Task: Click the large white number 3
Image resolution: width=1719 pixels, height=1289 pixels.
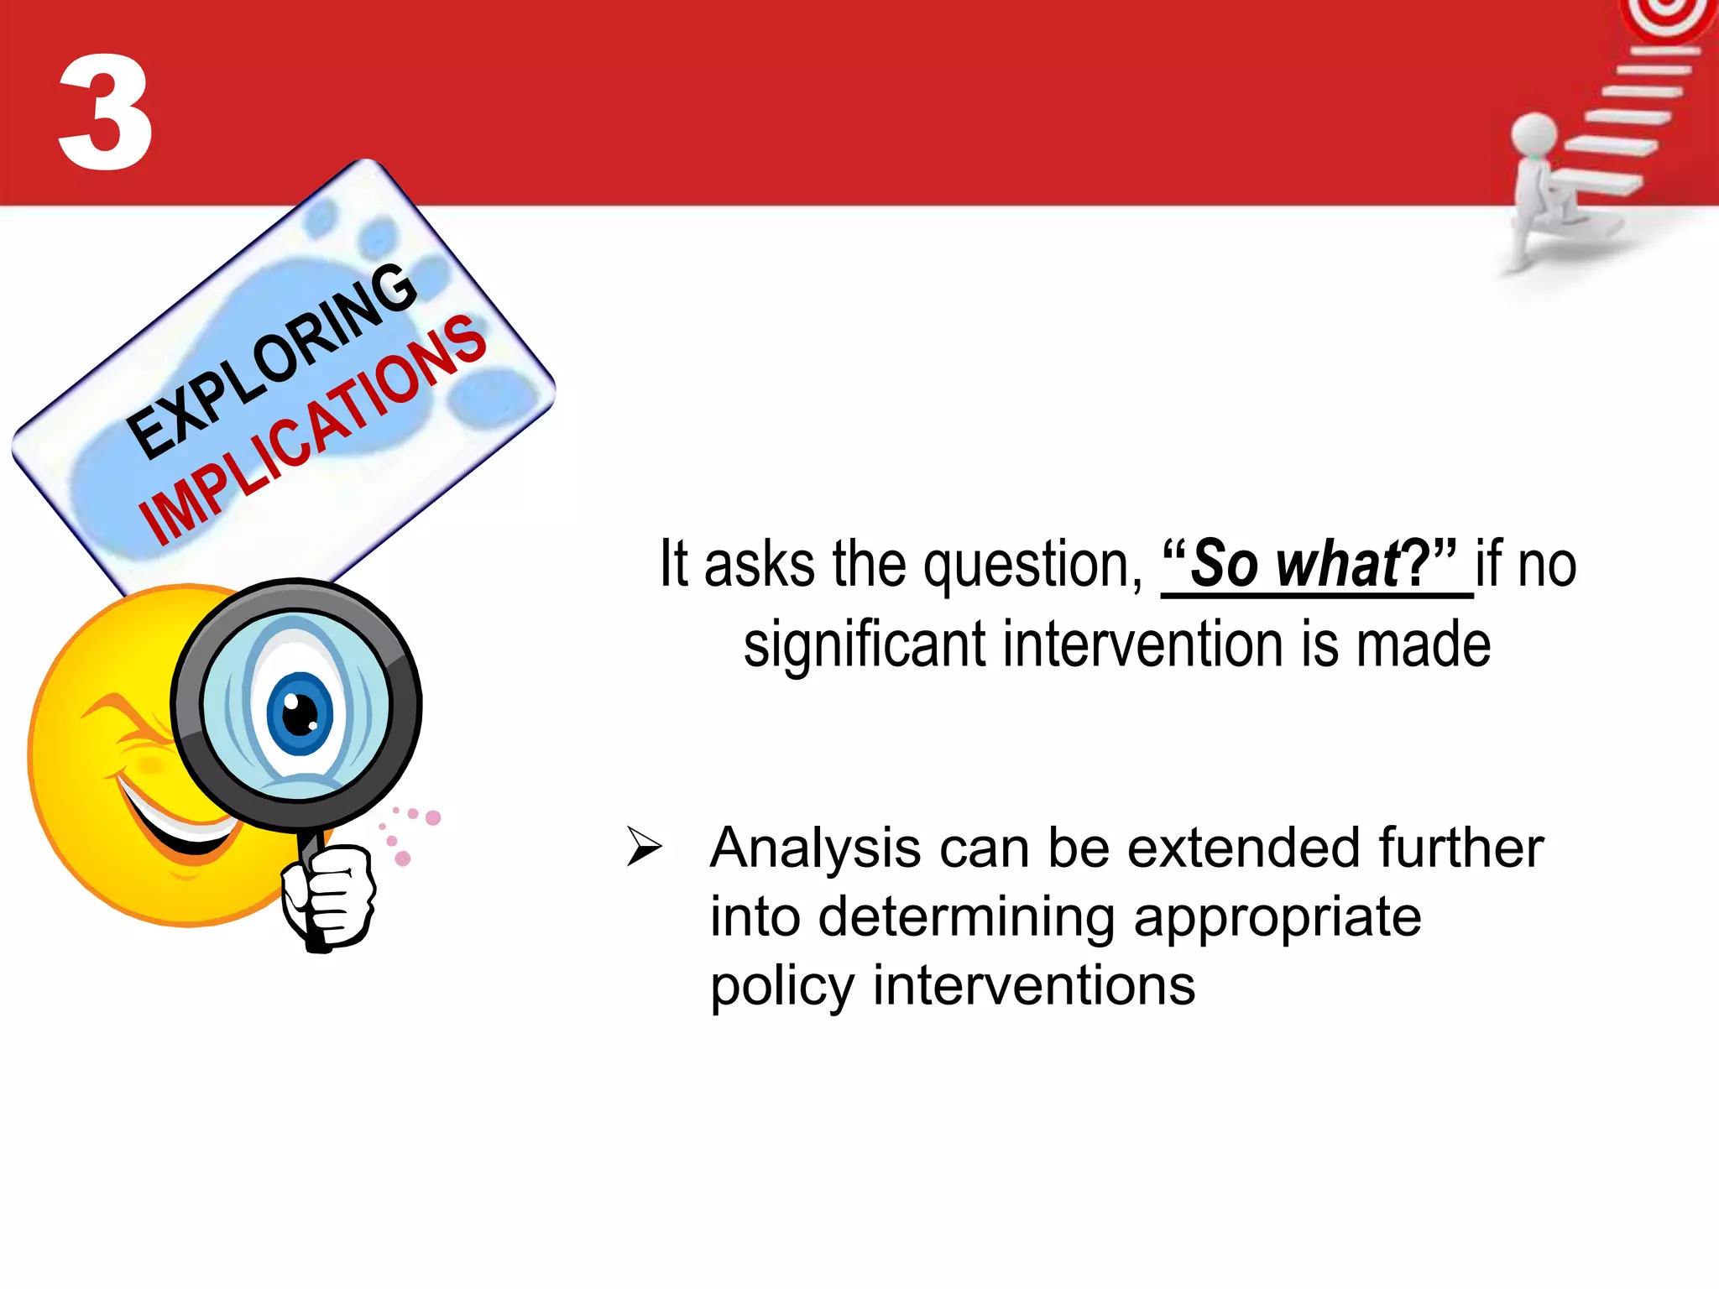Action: [106, 113]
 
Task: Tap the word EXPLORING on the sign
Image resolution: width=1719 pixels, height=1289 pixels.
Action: [273, 361]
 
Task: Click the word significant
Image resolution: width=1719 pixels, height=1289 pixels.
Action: [865, 645]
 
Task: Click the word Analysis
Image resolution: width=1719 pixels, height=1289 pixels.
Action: [814, 848]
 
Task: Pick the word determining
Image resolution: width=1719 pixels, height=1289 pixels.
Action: [966, 916]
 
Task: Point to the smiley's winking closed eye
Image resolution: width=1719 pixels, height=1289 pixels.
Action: [126, 721]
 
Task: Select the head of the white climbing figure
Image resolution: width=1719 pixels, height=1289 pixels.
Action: [1534, 134]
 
